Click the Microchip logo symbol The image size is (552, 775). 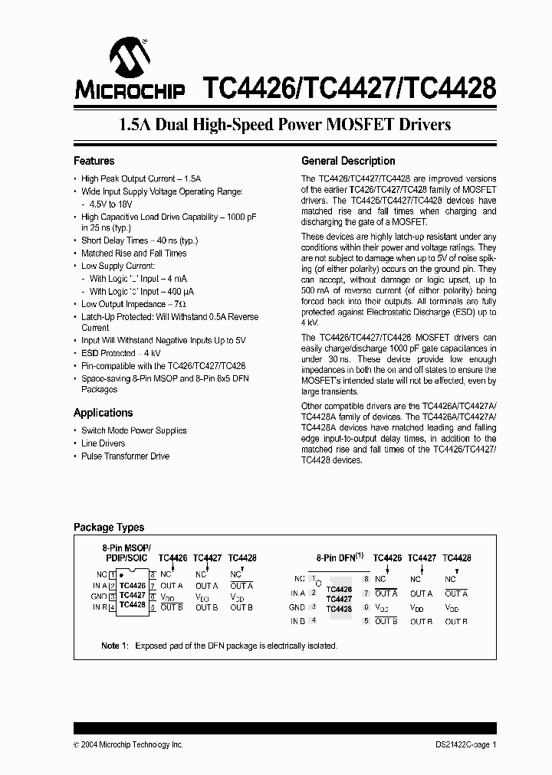129,57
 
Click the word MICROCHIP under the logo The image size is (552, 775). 130,90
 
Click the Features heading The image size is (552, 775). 94,161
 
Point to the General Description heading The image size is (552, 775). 348,161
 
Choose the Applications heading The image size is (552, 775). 103,413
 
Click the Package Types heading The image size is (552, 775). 108,527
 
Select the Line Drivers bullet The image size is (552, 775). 103,443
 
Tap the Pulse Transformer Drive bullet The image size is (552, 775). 125,456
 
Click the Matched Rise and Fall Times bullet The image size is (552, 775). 133,253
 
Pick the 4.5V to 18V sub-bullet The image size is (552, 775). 110,204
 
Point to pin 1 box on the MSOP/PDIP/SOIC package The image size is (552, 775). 112,574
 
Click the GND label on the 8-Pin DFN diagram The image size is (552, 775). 297,607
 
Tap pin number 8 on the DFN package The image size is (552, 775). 366,579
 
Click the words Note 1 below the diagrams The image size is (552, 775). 115,646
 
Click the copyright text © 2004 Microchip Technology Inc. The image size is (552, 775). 128,744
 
